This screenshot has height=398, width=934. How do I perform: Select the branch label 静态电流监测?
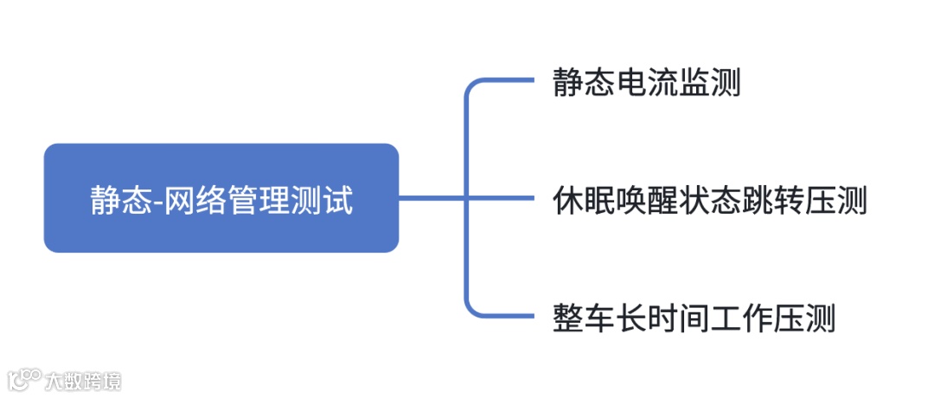click(646, 85)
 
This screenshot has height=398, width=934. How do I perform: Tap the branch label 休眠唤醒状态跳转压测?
click(709, 202)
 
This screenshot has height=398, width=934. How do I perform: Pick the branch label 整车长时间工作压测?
click(694, 318)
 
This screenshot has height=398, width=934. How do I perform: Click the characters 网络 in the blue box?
click(195, 201)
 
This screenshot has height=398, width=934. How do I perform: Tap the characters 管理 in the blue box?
click(264, 201)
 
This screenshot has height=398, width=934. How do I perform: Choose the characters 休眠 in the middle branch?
click(584, 202)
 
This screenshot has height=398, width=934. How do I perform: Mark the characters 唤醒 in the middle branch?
click(646, 202)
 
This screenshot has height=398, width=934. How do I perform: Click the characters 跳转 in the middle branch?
click(772, 202)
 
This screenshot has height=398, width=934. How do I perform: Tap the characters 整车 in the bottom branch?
click(584, 318)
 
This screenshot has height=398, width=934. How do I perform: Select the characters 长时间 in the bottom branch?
click(662, 318)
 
